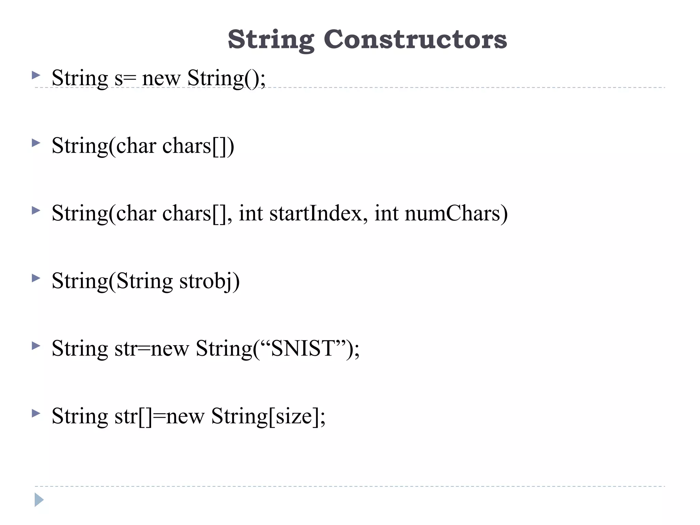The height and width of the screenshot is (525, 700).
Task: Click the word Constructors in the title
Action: [415, 39]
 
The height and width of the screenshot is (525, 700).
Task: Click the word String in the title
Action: [271, 40]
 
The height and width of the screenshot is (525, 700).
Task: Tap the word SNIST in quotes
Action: [302, 349]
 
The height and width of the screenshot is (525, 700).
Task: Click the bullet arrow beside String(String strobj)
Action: [36, 278]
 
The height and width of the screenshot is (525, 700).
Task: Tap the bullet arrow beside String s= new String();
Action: [36, 75]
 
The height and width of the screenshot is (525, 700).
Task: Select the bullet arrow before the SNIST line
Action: [36, 346]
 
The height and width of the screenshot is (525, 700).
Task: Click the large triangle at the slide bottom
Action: [39, 500]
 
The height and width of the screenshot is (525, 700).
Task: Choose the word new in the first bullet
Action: [161, 79]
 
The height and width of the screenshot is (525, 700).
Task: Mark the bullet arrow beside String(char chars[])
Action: [36, 143]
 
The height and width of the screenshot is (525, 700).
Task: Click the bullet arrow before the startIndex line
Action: [36, 211]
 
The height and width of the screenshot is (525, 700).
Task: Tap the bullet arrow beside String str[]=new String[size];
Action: [36, 414]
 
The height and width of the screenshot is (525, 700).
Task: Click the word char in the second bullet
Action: [136, 146]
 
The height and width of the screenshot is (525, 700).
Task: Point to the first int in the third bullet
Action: [251, 213]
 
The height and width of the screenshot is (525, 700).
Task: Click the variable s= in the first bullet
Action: [125, 79]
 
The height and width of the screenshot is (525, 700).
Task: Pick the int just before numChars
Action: [386, 213]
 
